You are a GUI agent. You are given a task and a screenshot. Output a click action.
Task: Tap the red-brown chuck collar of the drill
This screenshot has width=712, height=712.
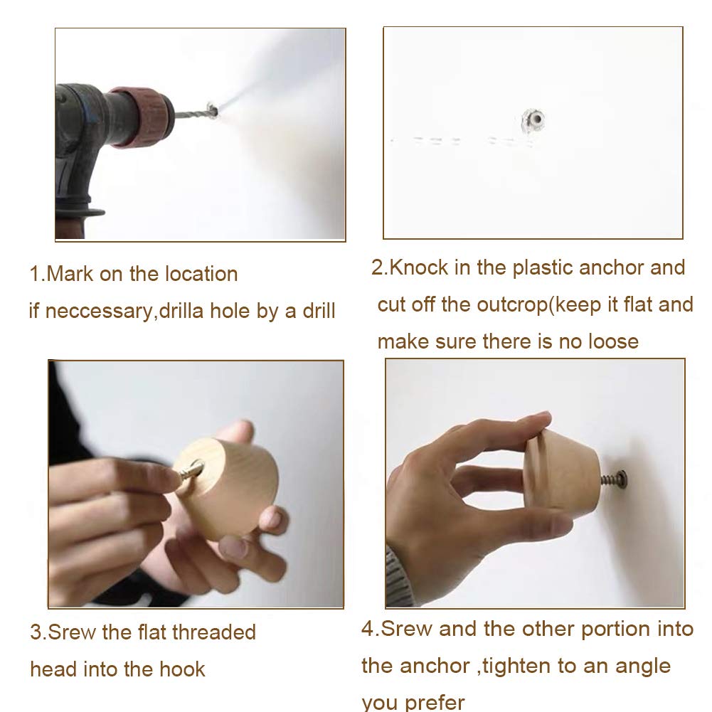[142, 117]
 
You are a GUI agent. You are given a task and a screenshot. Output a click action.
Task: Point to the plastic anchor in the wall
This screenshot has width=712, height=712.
[533, 120]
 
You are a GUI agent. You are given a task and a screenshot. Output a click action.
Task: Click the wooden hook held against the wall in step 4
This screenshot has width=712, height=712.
[561, 473]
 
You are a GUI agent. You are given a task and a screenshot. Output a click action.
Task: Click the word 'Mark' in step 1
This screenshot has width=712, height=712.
[70, 275]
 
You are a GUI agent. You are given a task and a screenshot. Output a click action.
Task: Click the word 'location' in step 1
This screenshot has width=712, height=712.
[201, 275]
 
